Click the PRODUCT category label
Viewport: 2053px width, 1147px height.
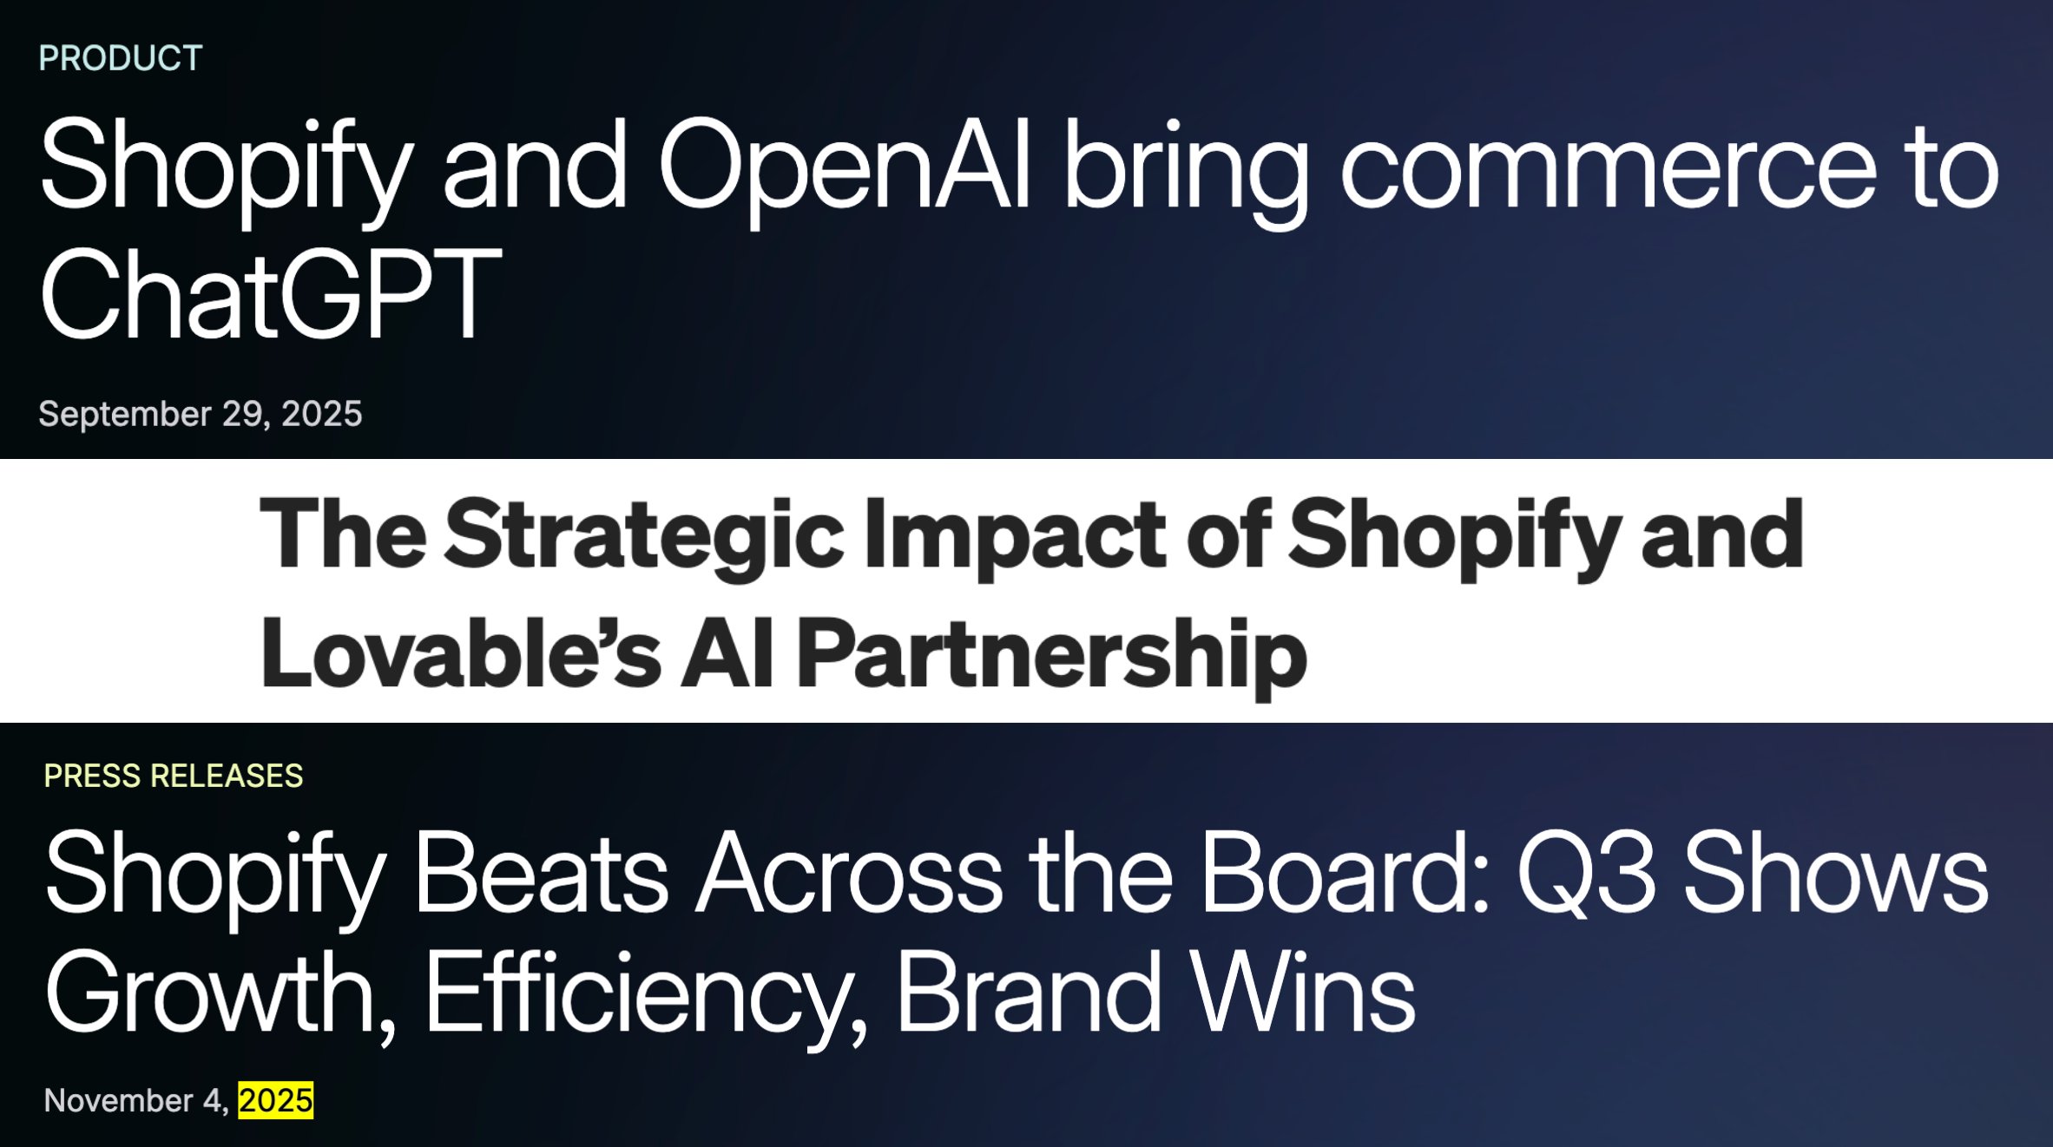point(121,58)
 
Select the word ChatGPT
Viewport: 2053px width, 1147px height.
point(270,292)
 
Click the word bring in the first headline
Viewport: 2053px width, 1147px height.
point(1186,174)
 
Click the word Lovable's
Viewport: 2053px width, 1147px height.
point(461,652)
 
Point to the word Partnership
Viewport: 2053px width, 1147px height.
point(1051,658)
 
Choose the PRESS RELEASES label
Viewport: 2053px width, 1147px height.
point(174,776)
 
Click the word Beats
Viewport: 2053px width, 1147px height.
point(542,872)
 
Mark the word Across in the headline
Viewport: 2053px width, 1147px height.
point(850,872)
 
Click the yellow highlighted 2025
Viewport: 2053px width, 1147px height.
point(276,1100)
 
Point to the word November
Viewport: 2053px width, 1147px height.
point(118,1101)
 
